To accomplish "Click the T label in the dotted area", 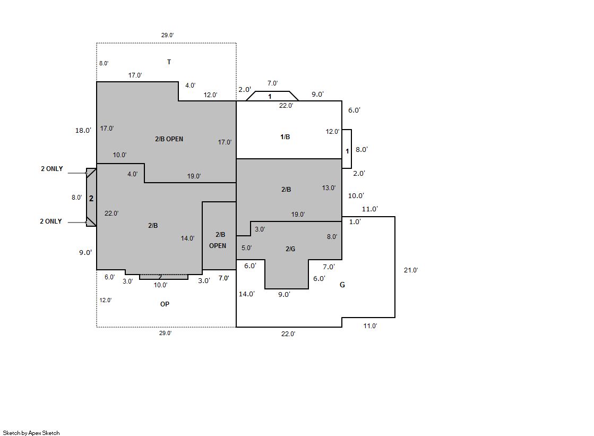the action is (x=169, y=62).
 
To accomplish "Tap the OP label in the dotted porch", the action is (x=165, y=304).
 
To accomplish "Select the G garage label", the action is (x=342, y=285).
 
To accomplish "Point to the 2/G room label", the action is (x=290, y=249).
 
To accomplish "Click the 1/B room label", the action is (x=285, y=137).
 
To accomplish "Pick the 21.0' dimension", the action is (x=411, y=270).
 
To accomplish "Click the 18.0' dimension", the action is (x=83, y=131).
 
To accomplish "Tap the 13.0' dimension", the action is (x=329, y=187).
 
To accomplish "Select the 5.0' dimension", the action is (x=247, y=247).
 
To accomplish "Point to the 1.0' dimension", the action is (x=355, y=222).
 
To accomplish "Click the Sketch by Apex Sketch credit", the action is (x=31, y=433).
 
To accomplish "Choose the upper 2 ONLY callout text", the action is (x=52, y=169).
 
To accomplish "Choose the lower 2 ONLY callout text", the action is (x=51, y=221).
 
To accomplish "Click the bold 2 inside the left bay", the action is (x=91, y=198).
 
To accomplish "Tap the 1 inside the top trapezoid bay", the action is (x=270, y=97).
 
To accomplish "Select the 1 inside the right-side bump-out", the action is (x=347, y=151).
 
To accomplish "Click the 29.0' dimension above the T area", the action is (x=167, y=35).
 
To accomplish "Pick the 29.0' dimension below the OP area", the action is (x=165, y=333).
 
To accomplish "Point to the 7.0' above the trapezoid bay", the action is (x=272, y=83).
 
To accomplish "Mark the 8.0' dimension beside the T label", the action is (x=104, y=63).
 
